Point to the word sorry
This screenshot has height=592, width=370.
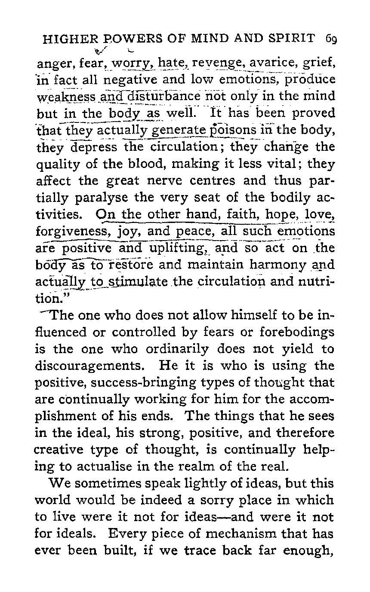tap(188, 500)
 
